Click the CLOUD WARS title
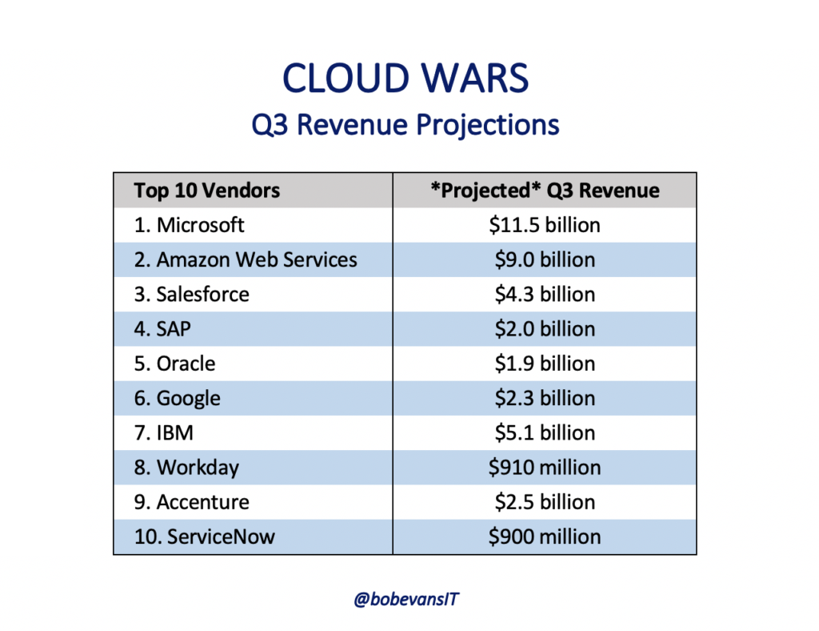pos(406,78)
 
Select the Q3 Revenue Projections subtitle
pos(406,125)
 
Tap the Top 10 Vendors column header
pos(207,191)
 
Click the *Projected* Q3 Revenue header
pos(545,191)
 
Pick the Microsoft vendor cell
pos(189,225)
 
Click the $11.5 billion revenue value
pos(545,225)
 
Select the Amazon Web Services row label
pos(246,259)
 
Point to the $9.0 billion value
pos(545,259)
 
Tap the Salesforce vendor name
pos(192,294)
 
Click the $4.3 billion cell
pos(545,294)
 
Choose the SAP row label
pos(162,329)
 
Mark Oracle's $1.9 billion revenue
pos(545,364)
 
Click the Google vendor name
pos(177,398)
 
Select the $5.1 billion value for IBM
pos(545,432)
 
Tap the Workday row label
pos(186,468)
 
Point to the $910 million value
pos(545,467)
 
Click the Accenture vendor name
pos(192,502)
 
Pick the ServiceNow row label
pos(204,537)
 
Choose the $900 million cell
pos(545,537)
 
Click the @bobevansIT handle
pos(406,599)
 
